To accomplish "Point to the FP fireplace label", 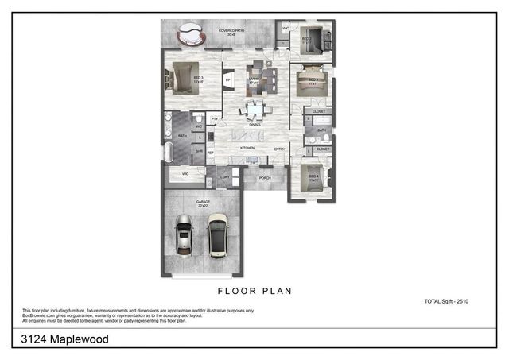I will click(228, 80).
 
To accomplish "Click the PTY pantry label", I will click(215, 118).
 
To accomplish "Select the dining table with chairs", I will click(254, 110).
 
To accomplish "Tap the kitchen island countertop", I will click(249, 137).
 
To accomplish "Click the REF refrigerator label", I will click(211, 153).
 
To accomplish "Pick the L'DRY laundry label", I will click(225, 177).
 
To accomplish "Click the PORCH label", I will click(265, 178).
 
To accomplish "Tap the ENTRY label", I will click(280, 149).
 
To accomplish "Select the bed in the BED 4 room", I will click(312, 180).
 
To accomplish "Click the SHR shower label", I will click(198, 149).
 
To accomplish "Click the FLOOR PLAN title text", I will click(254, 292).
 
